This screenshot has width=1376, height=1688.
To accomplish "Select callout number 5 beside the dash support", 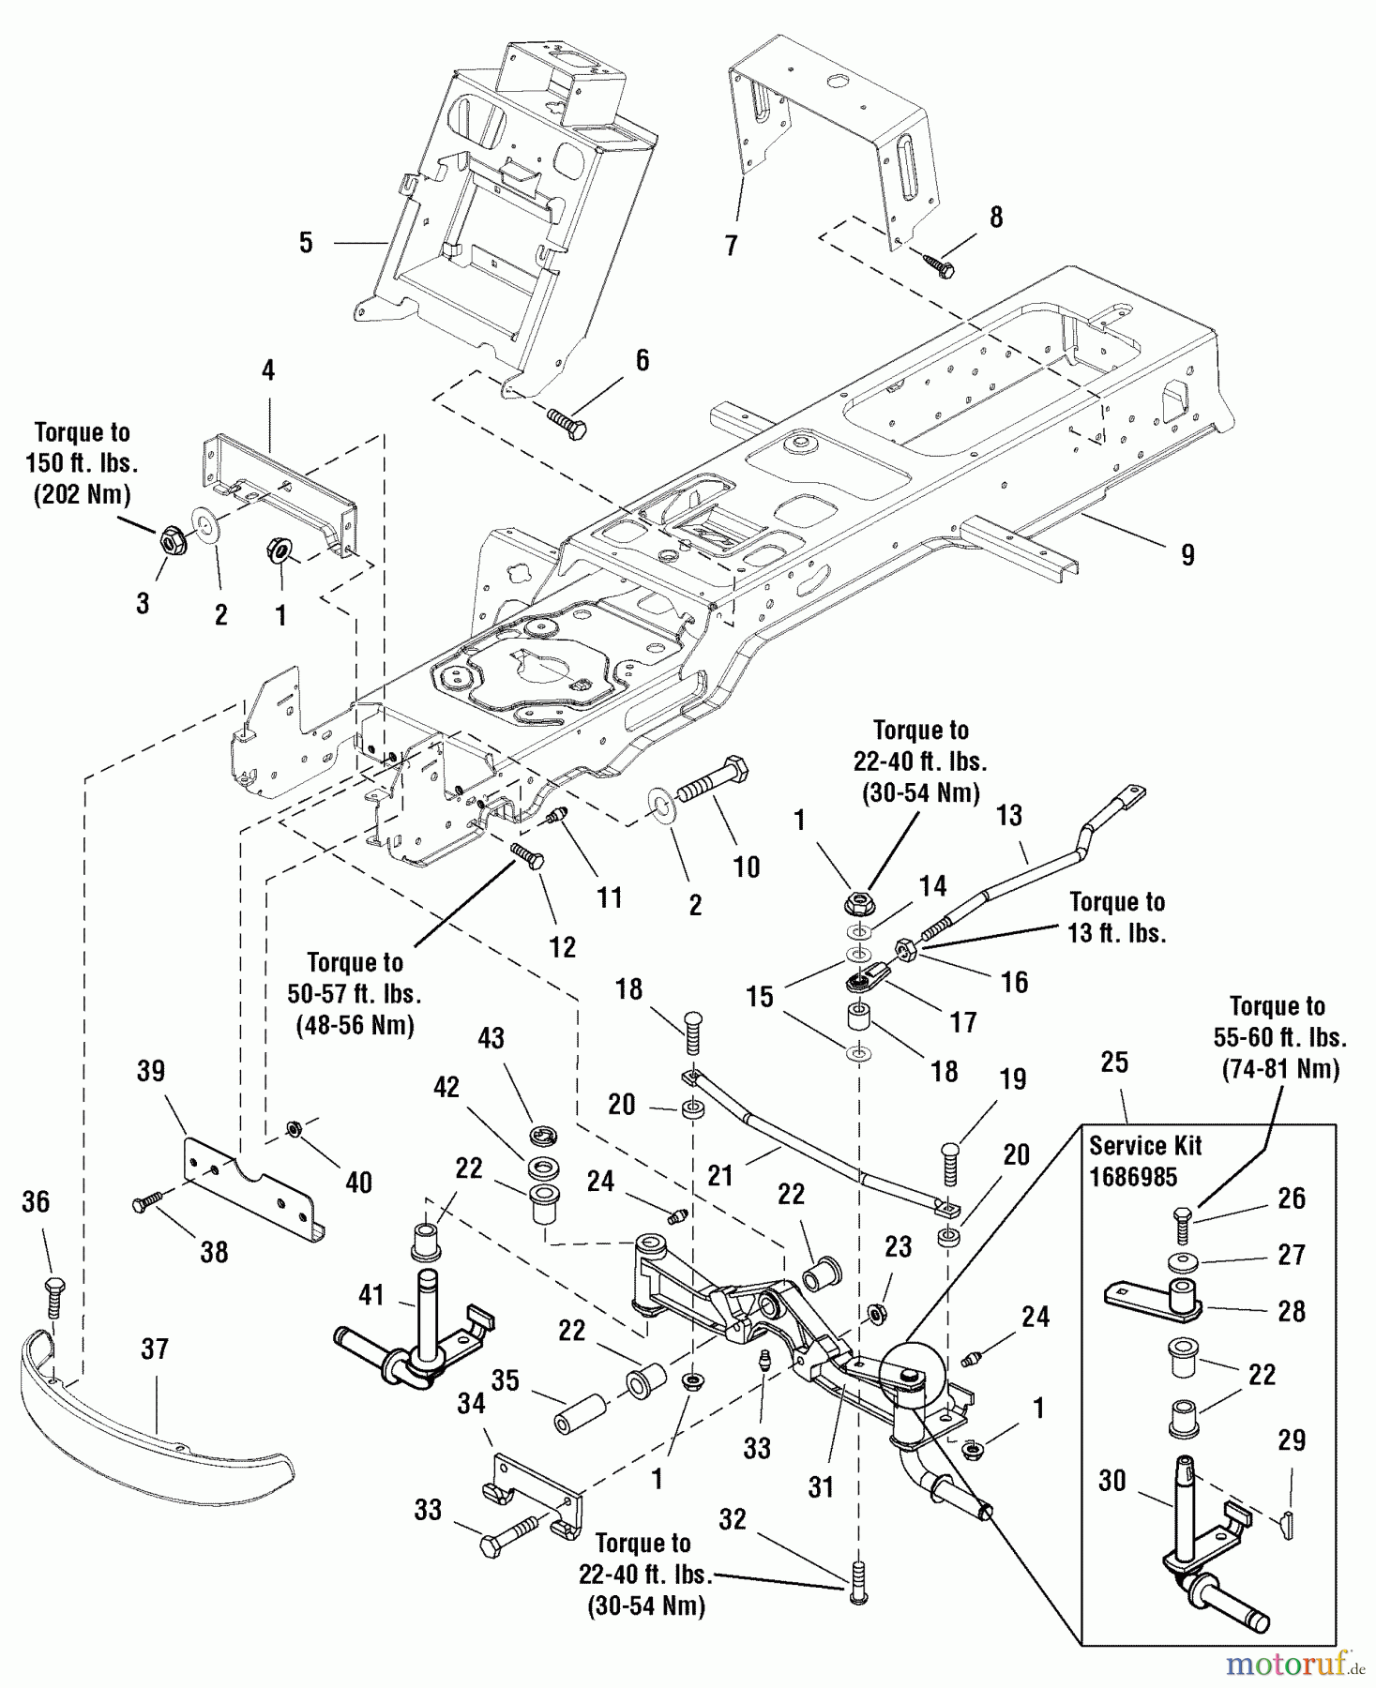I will coord(306,243).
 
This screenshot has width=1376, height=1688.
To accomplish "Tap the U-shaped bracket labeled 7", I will coord(835,131).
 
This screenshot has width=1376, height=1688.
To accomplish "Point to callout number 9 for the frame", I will coord(1187,555).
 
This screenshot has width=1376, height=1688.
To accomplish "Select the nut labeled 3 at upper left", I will coord(170,540).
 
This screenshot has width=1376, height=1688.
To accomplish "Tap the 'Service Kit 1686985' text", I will coord(1144,1161).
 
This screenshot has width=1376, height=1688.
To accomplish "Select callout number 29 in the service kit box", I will coord(1292,1439).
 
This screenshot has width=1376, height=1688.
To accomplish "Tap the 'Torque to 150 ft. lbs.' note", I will coord(82,463).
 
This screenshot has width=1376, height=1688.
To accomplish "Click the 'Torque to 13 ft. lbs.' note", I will coord(1116,917).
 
